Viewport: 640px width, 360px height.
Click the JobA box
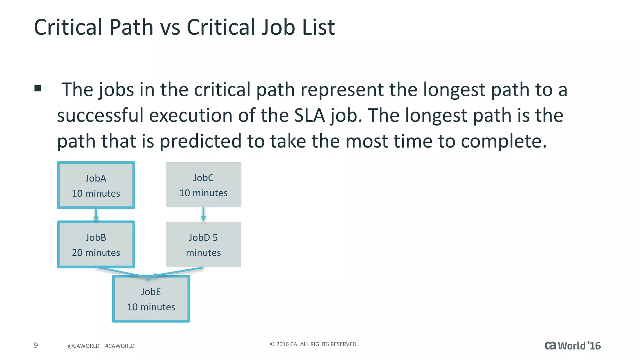pyautogui.click(x=96, y=185)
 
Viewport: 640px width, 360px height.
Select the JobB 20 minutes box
pyautogui.click(x=96, y=245)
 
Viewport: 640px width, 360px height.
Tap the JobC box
pyautogui.click(x=203, y=185)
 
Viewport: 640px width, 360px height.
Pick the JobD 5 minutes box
pyautogui.click(x=203, y=244)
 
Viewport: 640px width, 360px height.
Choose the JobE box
pyautogui.click(x=151, y=299)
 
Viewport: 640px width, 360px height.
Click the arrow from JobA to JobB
pyautogui.click(x=96, y=215)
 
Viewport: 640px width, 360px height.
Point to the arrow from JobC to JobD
pyautogui.click(x=203, y=214)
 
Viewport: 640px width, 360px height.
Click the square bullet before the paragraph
pyautogui.click(x=38, y=88)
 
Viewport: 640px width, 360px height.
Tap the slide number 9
pyautogui.click(x=36, y=345)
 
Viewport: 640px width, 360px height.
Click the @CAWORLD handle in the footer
pyautogui.click(x=83, y=346)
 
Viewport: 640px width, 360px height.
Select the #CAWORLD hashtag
pyautogui.click(x=120, y=346)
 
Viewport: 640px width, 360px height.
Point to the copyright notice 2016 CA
pyautogui.click(x=314, y=344)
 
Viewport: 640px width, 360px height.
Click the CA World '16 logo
pyautogui.click(x=572, y=346)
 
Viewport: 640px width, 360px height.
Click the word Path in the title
pyautogui.click(x=131, y=27)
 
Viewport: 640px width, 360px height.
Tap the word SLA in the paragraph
pyautogui.click(x=309, y=115)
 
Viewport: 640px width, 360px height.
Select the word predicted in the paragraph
pyautogui.click(x=201, y=141)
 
